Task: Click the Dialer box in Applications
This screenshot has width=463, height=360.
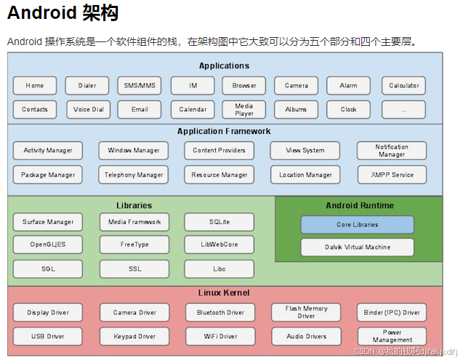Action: [87, 86]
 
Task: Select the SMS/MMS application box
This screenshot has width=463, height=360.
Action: [140, 86]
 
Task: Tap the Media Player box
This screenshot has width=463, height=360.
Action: [244, 110]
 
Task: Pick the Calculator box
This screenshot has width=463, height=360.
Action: [403, 86]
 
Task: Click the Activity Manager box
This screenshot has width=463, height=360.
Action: [48, 151]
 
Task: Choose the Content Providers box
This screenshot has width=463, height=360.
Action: [219, 151]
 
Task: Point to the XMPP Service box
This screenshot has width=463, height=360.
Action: [392, 175]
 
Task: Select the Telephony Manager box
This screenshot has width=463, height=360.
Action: [134, 175]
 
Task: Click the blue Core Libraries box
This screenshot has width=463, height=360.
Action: [357, 225]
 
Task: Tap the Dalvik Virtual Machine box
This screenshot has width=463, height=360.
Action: [357, 247]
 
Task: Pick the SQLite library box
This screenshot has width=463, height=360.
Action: [219, 222]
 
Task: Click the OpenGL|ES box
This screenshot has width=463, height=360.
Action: [48, 245]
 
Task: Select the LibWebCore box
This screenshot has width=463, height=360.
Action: [219, 245]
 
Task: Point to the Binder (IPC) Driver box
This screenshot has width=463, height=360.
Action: [392, 313]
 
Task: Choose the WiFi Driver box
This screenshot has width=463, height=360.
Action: [219, 337]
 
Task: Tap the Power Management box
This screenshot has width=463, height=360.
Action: [392, 337]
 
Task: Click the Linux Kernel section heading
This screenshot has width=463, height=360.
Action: [224, 293]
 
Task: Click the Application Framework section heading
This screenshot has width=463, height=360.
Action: [224, 132]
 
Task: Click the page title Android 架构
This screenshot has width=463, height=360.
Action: [63, 13]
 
